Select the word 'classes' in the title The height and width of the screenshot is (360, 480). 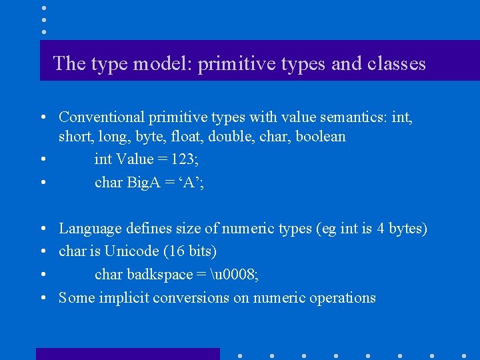[395, 63]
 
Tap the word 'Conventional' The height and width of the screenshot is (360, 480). [101, 117]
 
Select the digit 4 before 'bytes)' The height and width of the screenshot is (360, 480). [380, 229]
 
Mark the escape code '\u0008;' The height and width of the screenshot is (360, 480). [234, 275]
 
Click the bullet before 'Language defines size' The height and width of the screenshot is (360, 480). [42, 229]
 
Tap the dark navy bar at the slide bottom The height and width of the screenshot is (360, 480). [127, 354]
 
